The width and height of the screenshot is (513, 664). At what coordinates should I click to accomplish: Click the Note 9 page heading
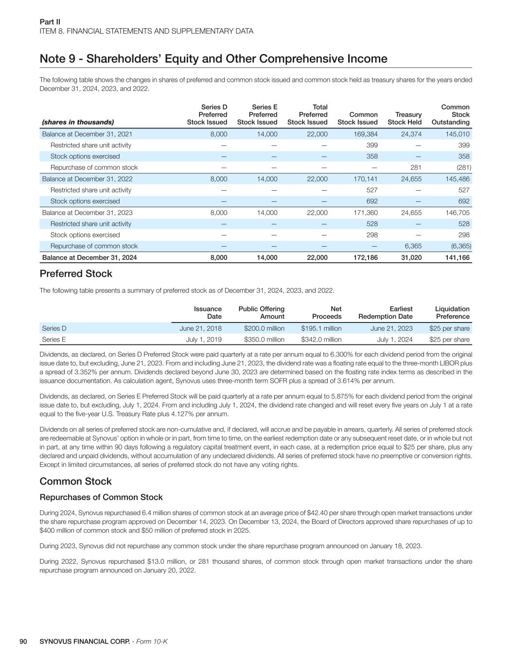click(213, 59)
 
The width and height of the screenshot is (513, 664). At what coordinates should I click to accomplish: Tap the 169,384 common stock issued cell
click(365, 134)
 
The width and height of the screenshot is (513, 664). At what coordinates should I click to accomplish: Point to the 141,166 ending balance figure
click(458, 257)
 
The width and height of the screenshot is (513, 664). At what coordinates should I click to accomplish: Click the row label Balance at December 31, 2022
click(87, 179)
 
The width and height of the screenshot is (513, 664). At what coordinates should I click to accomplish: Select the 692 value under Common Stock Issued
click(371, 201)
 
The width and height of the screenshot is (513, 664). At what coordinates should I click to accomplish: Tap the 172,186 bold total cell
click(365, 257)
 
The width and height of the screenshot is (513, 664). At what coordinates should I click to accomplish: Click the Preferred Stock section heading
click(76, 273)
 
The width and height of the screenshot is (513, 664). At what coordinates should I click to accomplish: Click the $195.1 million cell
click(321, 328)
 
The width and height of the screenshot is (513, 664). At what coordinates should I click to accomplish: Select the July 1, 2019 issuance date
click(204, 340)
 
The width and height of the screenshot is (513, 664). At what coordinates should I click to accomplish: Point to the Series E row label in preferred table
click(53, 340)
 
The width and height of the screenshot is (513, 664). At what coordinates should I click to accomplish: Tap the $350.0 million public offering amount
click(264, 340)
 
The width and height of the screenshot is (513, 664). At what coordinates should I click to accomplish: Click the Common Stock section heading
click(75, 481)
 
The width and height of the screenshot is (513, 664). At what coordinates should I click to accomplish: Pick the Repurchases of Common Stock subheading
click(101, 497)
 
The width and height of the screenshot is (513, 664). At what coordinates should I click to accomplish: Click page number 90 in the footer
click(23, 641)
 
